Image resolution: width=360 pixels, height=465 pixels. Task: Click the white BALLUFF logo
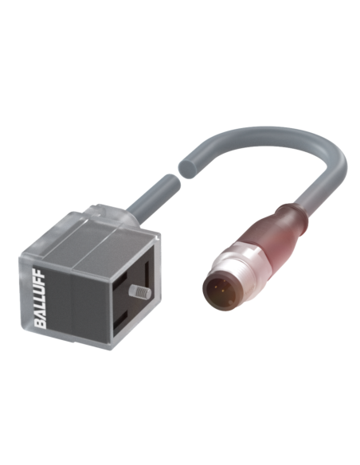[x=40, y=298]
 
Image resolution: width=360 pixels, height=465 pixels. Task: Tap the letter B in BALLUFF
[x=41, y=324]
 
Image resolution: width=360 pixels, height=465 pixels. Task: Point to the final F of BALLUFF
[x=40, y=272]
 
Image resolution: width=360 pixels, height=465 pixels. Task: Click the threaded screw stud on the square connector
[x=139, y=291]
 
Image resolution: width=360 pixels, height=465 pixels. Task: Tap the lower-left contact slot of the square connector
[x=121, y=318]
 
